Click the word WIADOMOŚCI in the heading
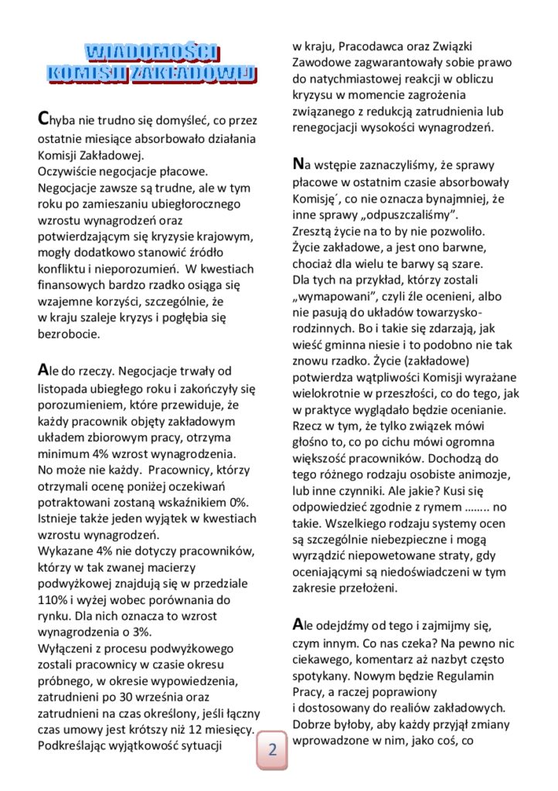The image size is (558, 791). (151, 53)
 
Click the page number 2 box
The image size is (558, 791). (273, 749)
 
